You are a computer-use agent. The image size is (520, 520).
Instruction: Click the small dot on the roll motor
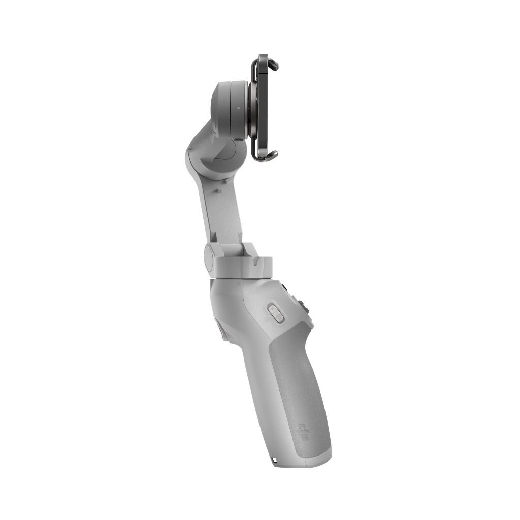pos(238,107)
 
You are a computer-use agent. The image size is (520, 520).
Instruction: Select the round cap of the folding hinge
pos(210,258)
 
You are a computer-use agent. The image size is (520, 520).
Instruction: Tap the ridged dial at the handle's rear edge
pos(219,330)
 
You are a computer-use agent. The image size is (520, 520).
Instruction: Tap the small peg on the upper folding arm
pos(217,191)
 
